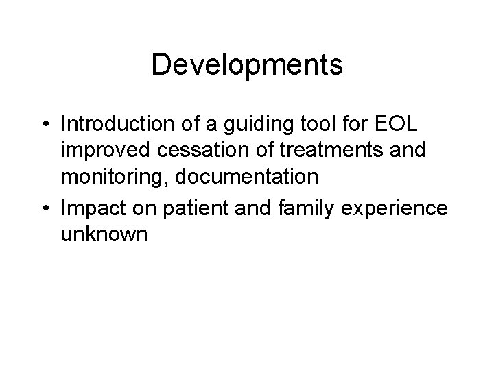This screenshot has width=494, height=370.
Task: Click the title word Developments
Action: click(x=247, y=64)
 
